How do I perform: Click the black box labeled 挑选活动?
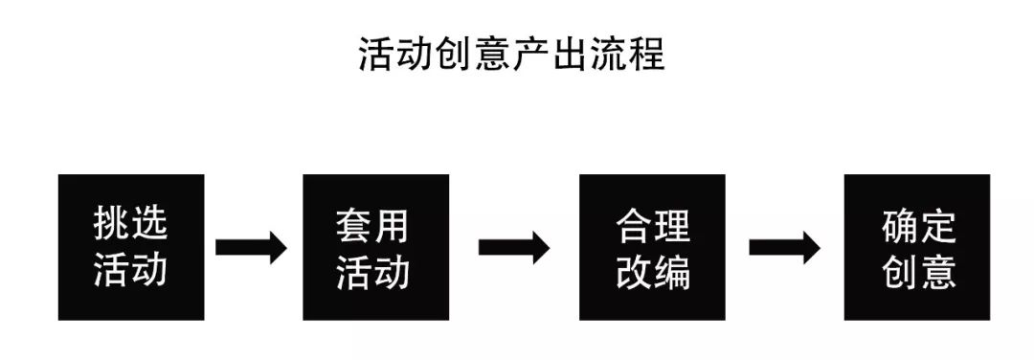point(131,247)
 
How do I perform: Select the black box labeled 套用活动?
point(375,247)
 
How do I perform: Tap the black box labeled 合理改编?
point(652,247)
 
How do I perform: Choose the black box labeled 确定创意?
point(916,247)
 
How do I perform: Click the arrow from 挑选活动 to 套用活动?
point(251,247)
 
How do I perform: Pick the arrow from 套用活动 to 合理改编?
point(513,247)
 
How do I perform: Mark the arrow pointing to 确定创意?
point(783,247)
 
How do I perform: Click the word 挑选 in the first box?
point(131,225)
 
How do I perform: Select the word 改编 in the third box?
point(653,272)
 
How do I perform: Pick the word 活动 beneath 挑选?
point(131,271)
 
